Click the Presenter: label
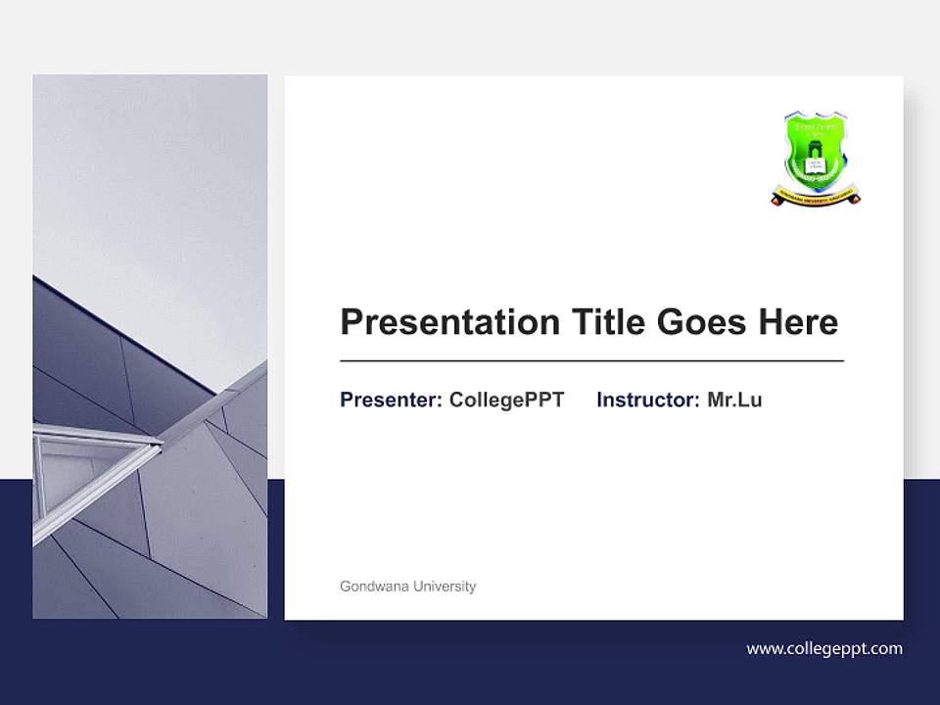[x=391, y=399]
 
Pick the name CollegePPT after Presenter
[x=506, y=399]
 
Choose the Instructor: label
[x=647, y=399]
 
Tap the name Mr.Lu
[x=734, y=399]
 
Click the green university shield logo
[x=815, y=152]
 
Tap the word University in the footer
[x=445, y=587]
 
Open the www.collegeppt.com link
[x=823, y=648]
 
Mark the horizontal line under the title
[x=591, y=361]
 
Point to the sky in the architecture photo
[x=147, y=176]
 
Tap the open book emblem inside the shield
[x=815, y=165]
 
